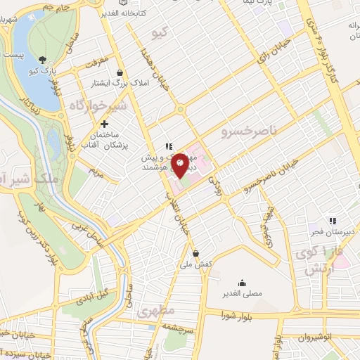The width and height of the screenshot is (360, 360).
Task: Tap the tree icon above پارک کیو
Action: [x=43, y=60]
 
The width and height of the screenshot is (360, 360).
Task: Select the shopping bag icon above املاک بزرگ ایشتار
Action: [x=120, y=72]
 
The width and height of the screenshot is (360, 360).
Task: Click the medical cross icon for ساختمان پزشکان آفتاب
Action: [x=105, y=124]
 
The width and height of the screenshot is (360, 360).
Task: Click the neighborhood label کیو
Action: [x=160, y=33]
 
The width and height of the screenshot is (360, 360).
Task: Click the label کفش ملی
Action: [x=196, y=264]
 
